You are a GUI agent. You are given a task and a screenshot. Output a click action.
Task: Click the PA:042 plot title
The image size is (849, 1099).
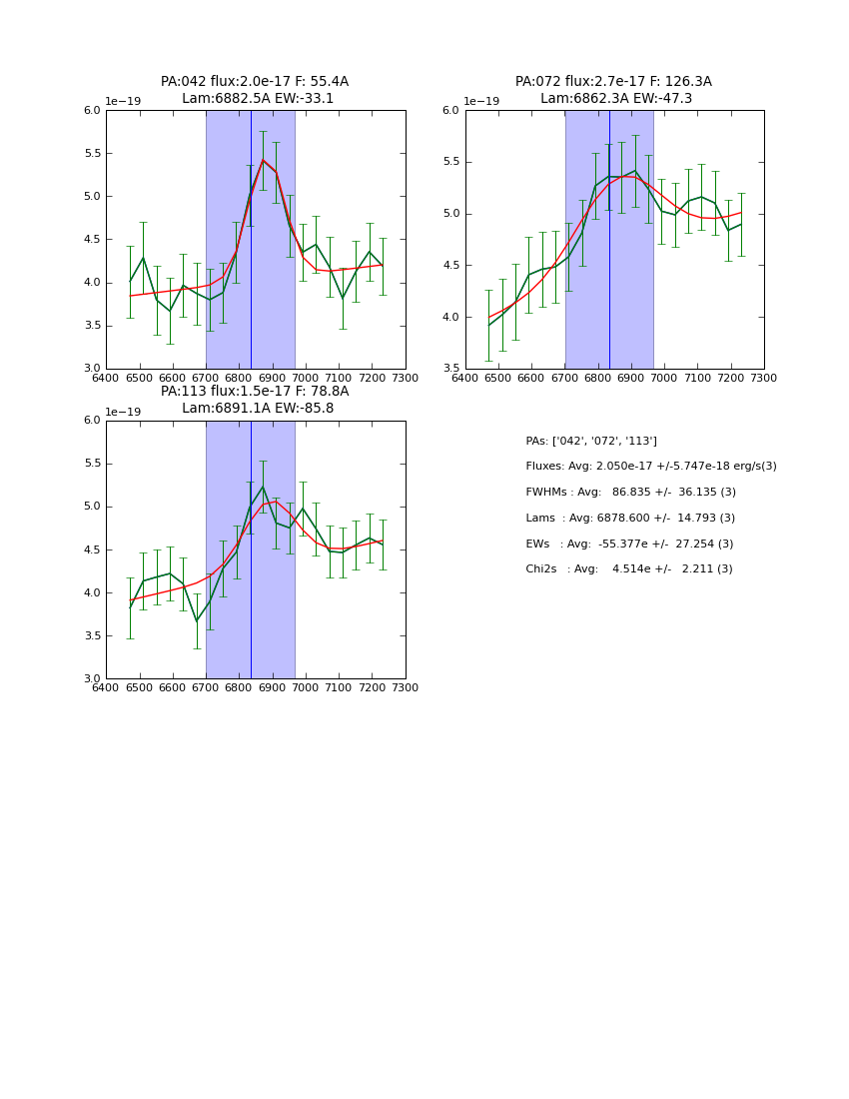point(255,82)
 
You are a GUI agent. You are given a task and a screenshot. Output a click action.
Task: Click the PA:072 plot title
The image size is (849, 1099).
point(613,82)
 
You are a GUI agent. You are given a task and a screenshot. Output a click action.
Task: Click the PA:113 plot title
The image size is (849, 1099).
point(255,392)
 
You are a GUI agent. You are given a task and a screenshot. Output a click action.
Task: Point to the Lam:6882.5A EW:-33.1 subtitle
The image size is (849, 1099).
point(258,99)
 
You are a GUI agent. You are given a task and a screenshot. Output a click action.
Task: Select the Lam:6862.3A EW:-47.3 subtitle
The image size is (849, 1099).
point(616,99)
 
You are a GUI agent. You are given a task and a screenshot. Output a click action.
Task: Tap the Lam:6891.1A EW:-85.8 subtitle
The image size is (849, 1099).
point(258,409)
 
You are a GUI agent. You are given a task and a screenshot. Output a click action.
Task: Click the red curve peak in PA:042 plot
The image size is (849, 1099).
point(263,160)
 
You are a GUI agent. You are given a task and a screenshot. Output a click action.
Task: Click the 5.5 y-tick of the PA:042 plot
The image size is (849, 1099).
point(91,154)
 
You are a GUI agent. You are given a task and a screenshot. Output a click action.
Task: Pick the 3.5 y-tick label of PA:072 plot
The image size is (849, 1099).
point(450,369)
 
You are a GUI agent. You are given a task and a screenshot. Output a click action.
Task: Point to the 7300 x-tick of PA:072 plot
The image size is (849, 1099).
point(764,378)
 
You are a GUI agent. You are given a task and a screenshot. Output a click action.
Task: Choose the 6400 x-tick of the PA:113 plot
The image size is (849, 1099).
point(106,687)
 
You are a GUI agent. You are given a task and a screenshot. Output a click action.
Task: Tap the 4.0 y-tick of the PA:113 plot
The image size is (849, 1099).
point(91,592)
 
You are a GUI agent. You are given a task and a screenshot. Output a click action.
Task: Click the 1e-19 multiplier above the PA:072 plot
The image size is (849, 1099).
point(481,102)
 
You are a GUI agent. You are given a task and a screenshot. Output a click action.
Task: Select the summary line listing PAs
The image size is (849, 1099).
point(591,441)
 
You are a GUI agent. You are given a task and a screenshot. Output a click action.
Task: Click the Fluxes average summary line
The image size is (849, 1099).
point(651,467)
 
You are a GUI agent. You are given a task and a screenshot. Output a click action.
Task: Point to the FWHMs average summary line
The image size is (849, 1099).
point(630,493)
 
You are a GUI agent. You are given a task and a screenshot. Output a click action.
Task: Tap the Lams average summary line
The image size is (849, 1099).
point(630,519)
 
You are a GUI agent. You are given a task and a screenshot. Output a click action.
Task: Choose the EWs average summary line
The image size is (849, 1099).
point(629,544)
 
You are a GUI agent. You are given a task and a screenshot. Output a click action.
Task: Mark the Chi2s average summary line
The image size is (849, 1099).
point(629,569)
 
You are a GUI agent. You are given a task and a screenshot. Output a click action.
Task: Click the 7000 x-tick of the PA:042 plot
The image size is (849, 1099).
point(305,378)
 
